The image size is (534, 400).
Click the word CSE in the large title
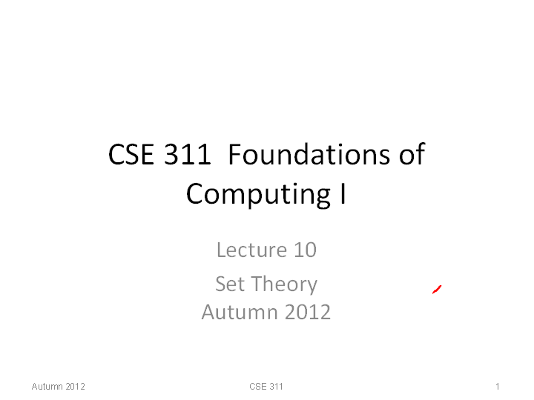(131, 154)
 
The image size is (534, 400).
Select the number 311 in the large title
(188, 154)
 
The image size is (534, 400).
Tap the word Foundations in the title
(309, 154)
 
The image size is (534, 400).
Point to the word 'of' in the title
(412, 154)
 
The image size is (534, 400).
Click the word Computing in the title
(258, 194)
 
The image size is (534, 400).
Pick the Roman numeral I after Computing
(343, 193)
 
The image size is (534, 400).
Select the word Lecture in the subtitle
(251, 250)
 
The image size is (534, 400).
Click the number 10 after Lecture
(305, 250)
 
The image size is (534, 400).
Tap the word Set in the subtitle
(230, 284)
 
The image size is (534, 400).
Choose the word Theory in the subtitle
(285, 285)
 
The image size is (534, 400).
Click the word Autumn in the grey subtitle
(239, 313)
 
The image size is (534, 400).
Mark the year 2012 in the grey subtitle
(308, 313)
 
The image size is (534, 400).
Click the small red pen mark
(437, 290)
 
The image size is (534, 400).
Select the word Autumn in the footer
(47, 387)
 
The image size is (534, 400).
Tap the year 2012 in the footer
(75, 387)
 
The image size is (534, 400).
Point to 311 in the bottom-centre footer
(276, 387)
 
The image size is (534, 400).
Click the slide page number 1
(498, 387)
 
